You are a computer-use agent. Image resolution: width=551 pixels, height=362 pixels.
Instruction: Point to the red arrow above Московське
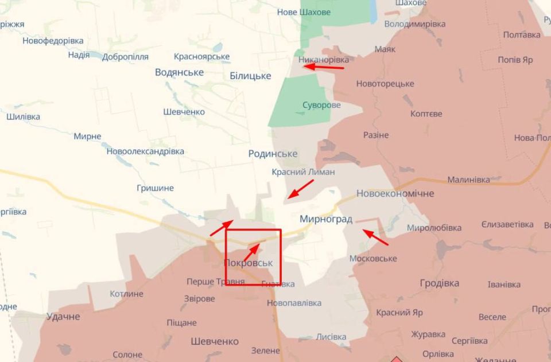coord(375,236)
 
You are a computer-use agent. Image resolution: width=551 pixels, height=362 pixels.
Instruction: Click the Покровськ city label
coord(248,263)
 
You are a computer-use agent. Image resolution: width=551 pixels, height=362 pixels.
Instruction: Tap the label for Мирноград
coord(326,219)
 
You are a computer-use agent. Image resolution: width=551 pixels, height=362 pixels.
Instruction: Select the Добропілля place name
coord(125,57)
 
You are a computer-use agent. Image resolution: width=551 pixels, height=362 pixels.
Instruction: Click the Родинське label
coord(273,154)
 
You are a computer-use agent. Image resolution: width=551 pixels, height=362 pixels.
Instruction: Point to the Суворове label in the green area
coord(321,105)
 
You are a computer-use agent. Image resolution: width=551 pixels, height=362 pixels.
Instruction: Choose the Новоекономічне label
coord(395,193)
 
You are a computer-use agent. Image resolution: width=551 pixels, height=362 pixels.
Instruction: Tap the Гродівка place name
coord(440,283)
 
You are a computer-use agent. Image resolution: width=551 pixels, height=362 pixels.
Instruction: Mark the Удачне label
coord(63,317)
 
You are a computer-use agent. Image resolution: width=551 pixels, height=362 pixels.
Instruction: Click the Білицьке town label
coord(250,76)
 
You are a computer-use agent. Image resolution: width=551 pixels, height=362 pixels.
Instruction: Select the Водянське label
coord(179,72)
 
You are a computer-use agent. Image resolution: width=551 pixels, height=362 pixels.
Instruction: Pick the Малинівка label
coord(468,180)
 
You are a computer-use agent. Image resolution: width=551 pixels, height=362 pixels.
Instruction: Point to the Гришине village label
coord(155,188)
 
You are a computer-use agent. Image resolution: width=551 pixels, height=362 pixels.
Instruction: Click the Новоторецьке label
coord(385,84)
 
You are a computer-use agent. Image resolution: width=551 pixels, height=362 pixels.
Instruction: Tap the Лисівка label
coord(331,337)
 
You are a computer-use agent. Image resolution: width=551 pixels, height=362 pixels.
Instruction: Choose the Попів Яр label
coord(515,60)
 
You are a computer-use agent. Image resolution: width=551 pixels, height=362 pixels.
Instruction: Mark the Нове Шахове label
coord(304,12)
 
